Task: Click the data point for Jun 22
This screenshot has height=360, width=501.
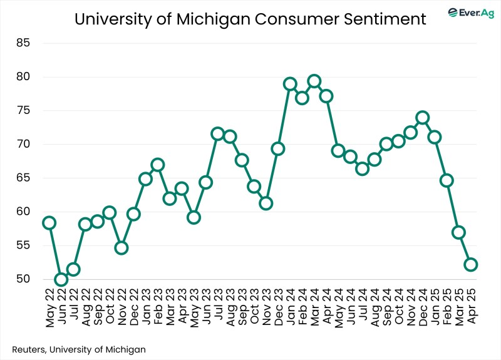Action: [61, 279]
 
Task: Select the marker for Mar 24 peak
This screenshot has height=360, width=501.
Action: [314, 81]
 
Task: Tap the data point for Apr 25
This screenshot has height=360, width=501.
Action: [471, 265]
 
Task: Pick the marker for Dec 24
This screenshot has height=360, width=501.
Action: [423, 118]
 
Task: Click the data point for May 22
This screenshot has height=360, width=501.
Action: [49, 223]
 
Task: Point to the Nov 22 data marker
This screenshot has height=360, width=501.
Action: [121, 248]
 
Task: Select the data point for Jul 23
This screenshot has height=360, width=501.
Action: [218, 133]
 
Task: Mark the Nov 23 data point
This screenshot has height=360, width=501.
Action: [266, 203]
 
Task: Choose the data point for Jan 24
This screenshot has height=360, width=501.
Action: [290, 84]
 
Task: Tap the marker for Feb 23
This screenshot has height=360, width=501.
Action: [158, 165]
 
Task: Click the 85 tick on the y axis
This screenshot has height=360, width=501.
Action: [24, 44]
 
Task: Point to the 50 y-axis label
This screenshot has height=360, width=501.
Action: [24, 279]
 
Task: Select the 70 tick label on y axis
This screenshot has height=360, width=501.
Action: [24, 145]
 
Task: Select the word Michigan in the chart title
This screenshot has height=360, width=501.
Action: [212, 19]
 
